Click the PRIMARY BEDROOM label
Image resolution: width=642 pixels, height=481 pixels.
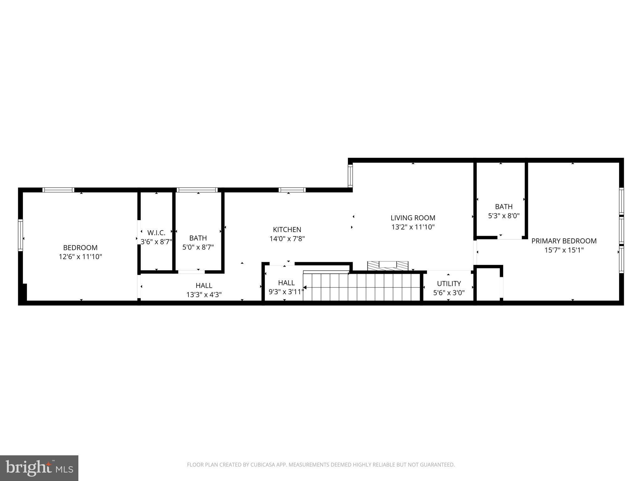tap(564, 241)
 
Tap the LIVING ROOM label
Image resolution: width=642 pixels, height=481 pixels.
tap(413, 218)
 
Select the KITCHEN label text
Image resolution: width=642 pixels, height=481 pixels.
tap(287, 230)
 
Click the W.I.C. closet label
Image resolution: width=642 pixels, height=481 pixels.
tap(156, 233)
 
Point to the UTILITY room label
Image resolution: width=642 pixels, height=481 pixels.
tap(449, 284)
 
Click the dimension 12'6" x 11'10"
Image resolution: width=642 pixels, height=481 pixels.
tap(80, 257)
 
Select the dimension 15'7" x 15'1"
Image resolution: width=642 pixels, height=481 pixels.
tap(564, 250)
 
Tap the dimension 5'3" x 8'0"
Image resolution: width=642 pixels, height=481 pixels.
tap(504, 216)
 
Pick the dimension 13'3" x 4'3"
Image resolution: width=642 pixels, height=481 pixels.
tap(204, 295)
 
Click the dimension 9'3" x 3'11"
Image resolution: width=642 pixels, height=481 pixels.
tap(286, 292)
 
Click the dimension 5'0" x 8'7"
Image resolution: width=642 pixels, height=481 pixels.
tap(198, 247)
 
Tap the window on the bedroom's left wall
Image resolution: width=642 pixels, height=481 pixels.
tap(21, 235)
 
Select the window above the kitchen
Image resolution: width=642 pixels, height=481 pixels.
tap(292, 190)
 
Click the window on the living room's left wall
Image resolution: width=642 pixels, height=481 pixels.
tap(350, 176)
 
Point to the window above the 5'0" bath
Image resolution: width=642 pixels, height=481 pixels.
tap(197, 190)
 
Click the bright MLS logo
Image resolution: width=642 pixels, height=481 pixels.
tap(39, 468)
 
